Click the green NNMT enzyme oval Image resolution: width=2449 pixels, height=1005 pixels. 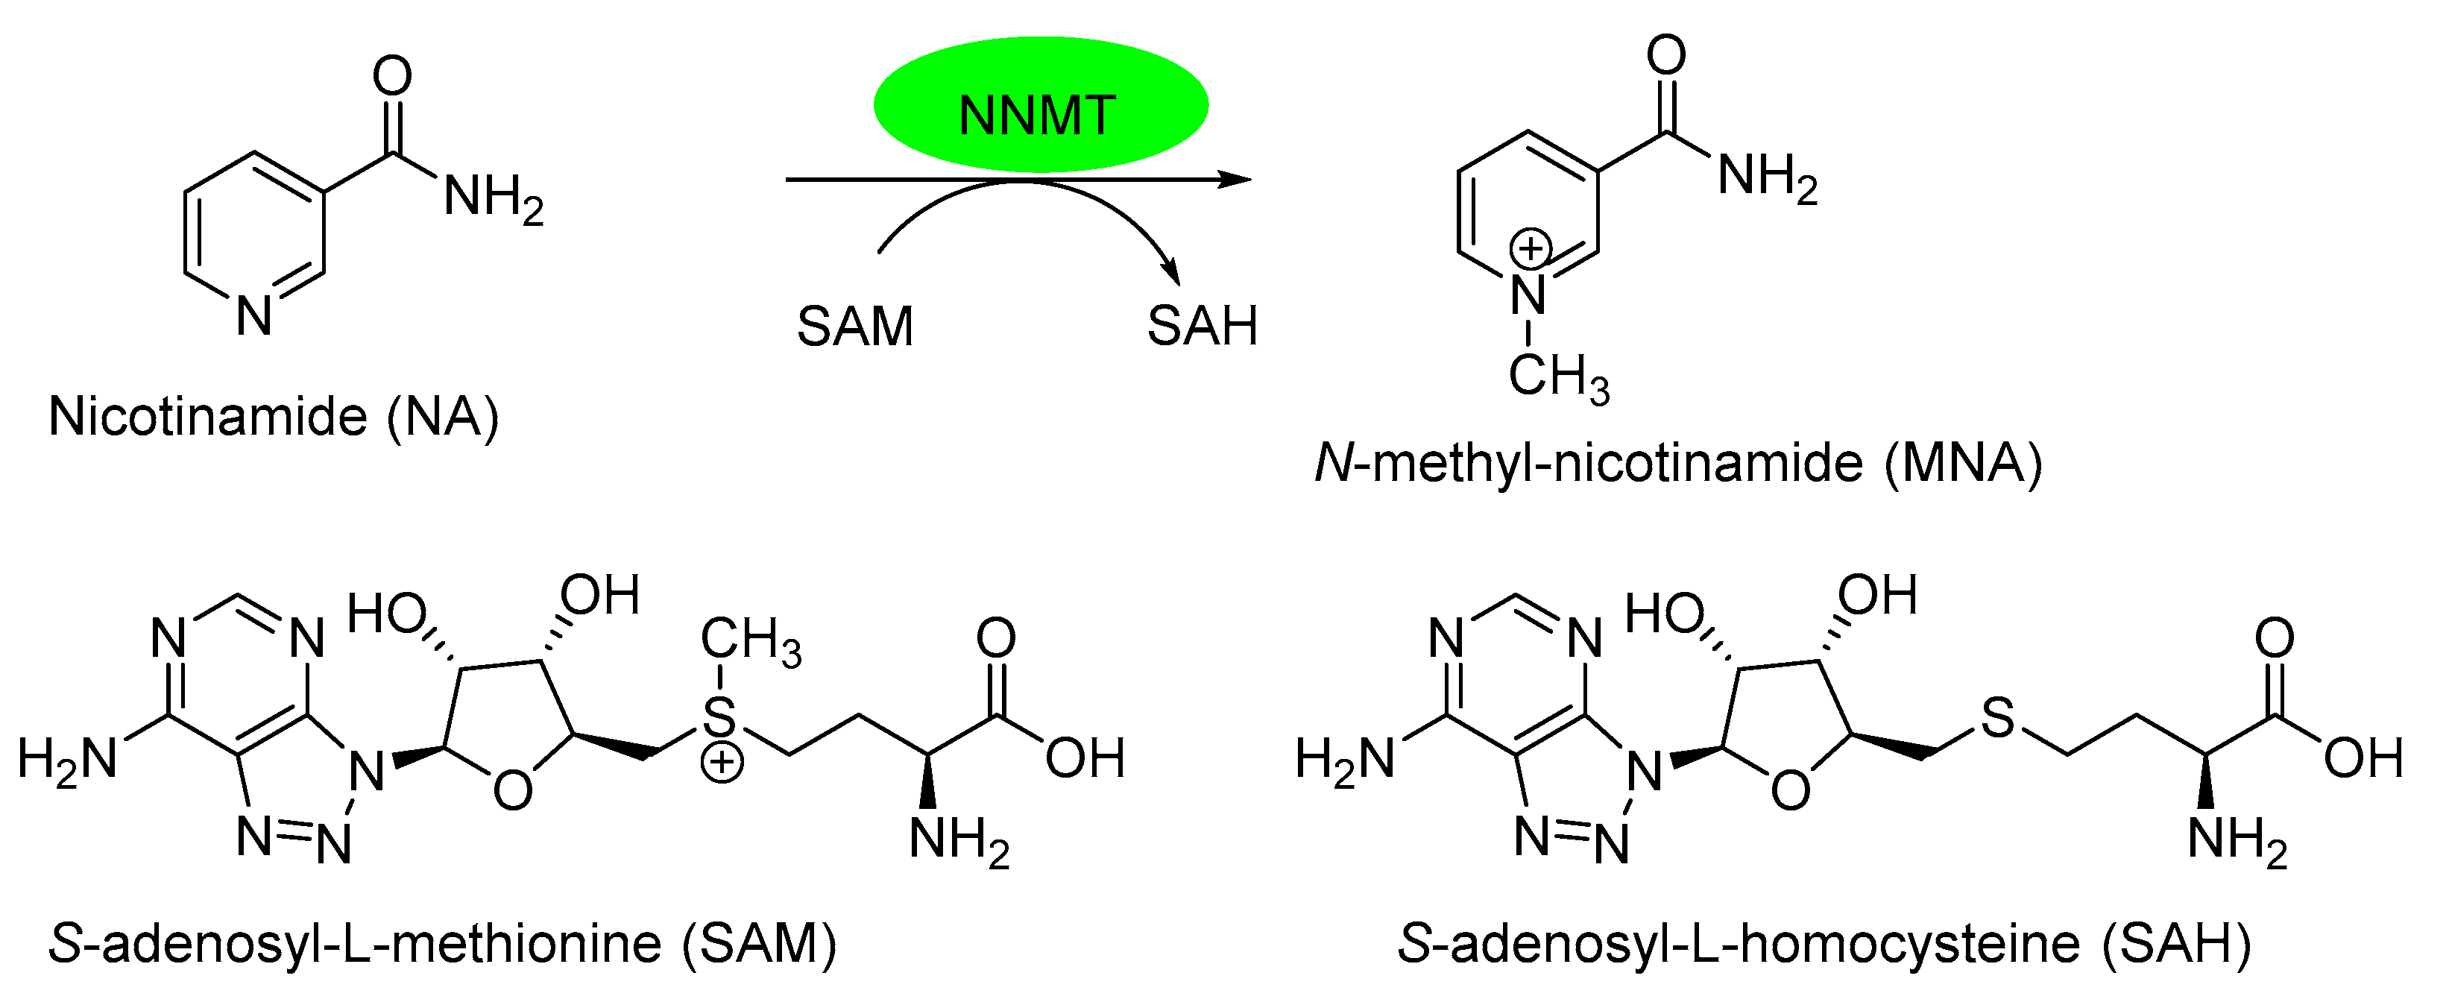click(1040, 104)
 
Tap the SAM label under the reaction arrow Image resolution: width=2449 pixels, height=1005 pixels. click(854, 326)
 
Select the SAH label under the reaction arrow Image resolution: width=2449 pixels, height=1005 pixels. click(1202, 326)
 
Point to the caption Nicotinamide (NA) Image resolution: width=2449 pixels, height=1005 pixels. click(274, 417)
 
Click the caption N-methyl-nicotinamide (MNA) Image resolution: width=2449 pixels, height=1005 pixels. click(1678, 464)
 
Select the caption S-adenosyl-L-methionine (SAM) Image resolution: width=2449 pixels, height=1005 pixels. click(443, 944)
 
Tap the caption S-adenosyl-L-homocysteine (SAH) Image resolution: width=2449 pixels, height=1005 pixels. click(1824, 944)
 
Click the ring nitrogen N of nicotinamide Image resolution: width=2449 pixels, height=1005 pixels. click(255, 315)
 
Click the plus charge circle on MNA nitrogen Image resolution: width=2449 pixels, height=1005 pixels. click(1531, 249)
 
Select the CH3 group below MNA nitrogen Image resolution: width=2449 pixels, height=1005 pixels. click(1558, 377)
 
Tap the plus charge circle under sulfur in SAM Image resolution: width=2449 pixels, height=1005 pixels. click(722, 762)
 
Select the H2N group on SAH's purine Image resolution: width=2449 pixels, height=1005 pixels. click(1343, 760)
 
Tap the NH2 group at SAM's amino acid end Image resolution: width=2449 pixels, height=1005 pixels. click(958, 839)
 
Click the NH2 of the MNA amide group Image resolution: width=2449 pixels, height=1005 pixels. click(1766, 176)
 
